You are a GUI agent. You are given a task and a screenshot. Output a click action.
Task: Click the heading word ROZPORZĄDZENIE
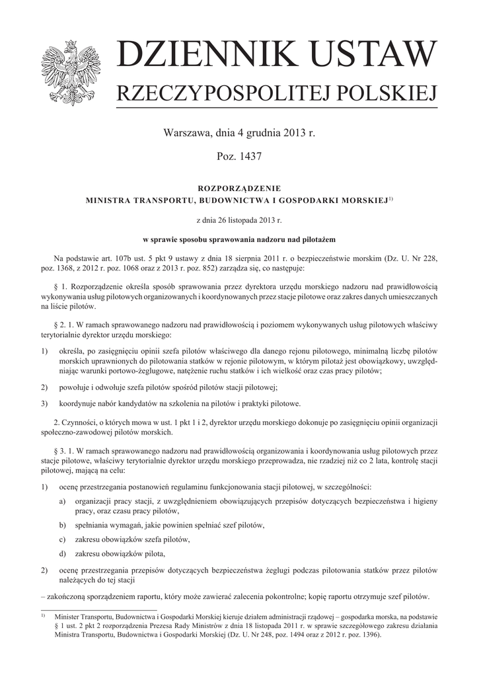click(239, 188)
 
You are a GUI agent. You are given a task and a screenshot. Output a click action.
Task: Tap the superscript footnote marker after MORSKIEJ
click(390, 197)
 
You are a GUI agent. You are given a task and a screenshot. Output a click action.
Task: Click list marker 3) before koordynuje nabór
click(44, 403)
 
